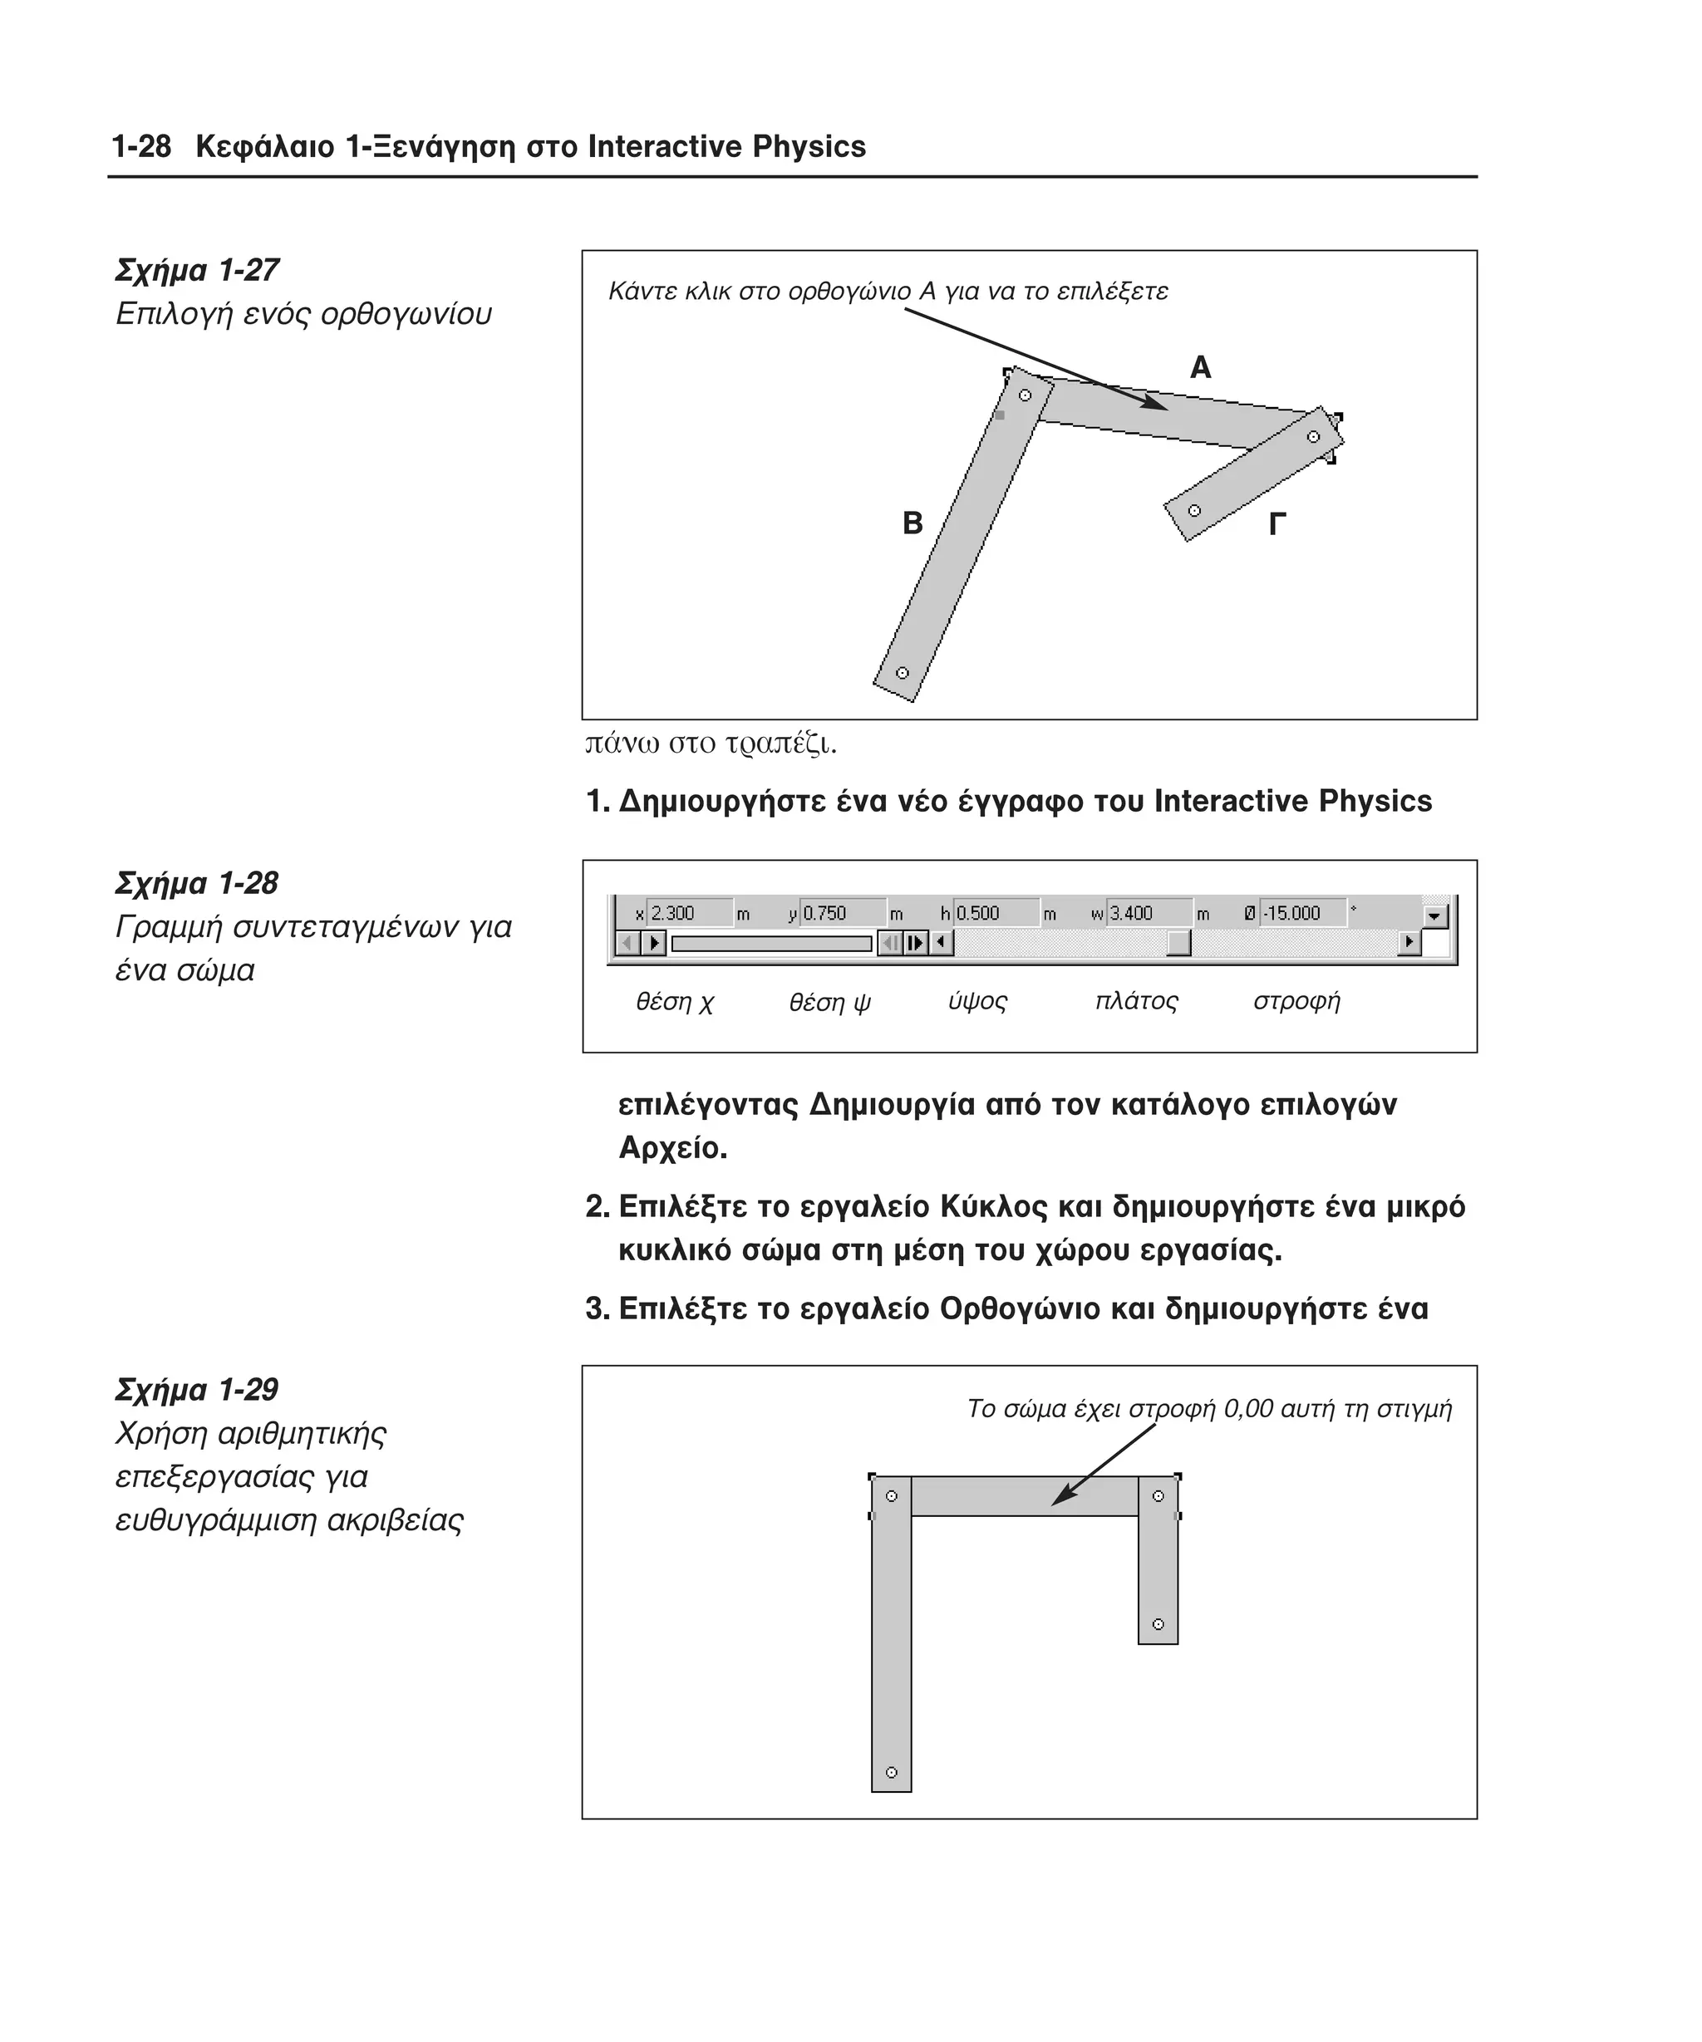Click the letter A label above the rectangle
pos(1200,367)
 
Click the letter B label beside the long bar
pos(912,523)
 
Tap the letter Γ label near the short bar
pos(1277,525)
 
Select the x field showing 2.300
pos(689,913)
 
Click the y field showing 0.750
pos(842,913)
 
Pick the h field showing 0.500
pos(995,913)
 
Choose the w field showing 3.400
pos(1149,913)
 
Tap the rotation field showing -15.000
pos(1302,913)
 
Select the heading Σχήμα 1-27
pos(198,270)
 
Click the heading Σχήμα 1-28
pos(198,883)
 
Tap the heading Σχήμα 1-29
pos(198,1390)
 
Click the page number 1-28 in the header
pos(141,147)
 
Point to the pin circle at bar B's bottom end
pos(902,673)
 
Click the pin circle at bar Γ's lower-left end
pos(1194,510)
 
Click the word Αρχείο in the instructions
pos(672,1148)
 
